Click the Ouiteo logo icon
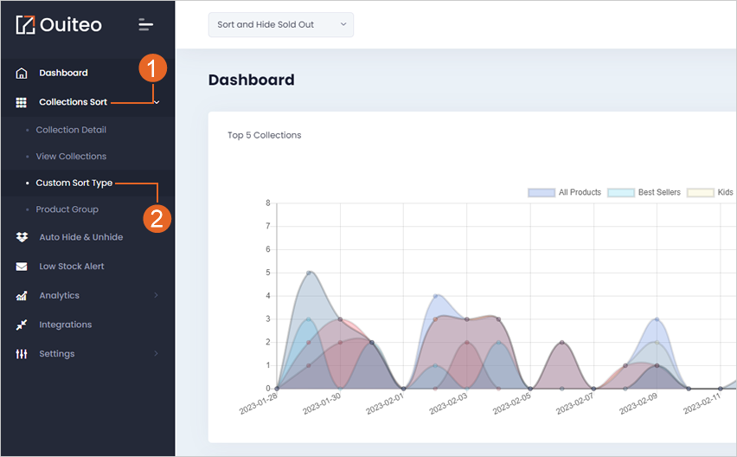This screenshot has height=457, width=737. point(25,25)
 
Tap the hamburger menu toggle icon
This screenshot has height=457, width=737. point(145,25)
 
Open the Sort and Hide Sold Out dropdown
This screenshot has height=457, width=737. point(280,24)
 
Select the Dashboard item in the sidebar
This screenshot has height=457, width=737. point(63,73)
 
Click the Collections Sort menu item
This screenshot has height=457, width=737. point(73,102)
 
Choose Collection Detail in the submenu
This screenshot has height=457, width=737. point(71,130)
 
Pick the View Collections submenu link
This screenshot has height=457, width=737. point(71,156)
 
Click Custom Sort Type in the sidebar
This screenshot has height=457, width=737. point(74,183)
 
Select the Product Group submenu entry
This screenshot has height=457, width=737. point(67,209)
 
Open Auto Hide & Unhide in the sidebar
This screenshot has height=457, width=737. point(80,237)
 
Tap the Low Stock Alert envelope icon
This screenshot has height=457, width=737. point(22,267)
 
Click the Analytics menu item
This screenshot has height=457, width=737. point(59,295)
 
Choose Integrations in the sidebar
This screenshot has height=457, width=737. point(66,325)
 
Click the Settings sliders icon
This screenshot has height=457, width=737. point(22,353)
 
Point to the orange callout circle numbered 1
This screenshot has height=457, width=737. point(152,68)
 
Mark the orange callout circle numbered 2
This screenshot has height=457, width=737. point(157,219)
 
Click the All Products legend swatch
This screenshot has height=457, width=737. point(542,192)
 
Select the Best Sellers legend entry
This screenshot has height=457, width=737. point(644,192)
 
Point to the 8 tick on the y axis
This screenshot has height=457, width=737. point(268,203)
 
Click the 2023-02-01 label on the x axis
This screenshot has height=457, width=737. point(385,404)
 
